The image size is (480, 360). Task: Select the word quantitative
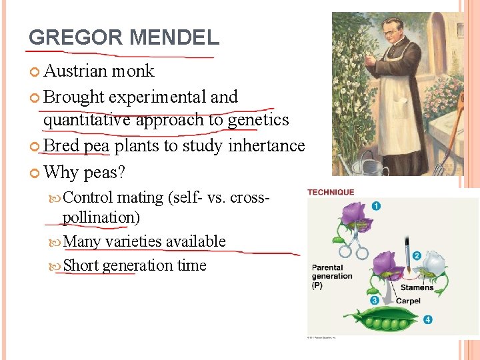click(87, 120)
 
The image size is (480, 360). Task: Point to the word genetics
click(259, 120)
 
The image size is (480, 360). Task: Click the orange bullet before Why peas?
click(35, 173)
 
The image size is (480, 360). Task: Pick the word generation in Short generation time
click(138, 265)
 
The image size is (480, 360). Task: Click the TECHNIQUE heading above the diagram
click(331, 193)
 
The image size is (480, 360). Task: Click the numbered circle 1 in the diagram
click(376, 206)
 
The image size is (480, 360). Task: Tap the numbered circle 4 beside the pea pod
click(427, 320)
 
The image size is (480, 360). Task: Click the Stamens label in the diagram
click(417, 288)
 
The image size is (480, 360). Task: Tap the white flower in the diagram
click(434, 264)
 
